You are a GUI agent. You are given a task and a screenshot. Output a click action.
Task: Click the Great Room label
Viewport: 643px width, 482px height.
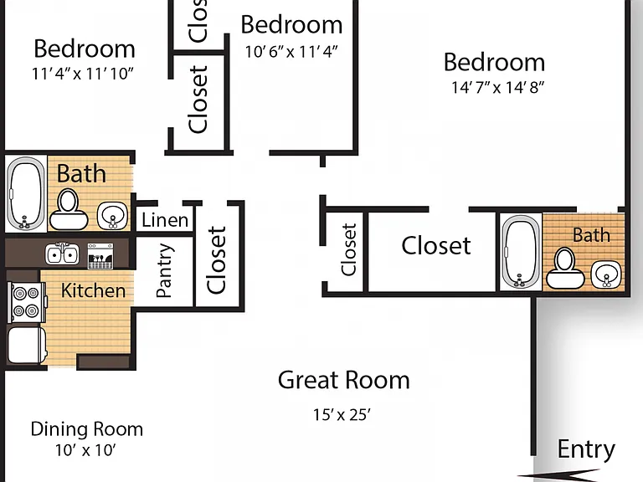(343, 380)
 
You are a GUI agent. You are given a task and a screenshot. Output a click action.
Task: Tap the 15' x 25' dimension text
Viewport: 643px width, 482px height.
(342, 415)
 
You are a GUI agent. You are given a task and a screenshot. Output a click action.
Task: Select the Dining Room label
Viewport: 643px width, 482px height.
(87, 429)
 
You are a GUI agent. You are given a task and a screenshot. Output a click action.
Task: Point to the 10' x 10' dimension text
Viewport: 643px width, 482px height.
(85, 450)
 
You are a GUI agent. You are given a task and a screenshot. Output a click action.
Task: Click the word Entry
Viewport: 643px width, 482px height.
(586, 449)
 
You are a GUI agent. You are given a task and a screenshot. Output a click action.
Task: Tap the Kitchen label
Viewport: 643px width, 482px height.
(93, 290)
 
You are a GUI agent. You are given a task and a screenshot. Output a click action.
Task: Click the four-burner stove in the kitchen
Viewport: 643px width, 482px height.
(26, 302)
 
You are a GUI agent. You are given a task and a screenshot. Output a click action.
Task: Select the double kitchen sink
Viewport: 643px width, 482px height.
(62, 254)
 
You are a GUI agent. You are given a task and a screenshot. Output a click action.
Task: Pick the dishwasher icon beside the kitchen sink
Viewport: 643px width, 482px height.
(100, 256)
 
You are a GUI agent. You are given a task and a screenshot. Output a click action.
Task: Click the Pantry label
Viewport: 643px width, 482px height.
(164, 270)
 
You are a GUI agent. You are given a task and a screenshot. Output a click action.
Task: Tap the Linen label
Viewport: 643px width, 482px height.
(165, 221)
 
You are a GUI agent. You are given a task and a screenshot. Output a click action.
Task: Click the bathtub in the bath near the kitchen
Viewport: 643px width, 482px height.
(26, 193)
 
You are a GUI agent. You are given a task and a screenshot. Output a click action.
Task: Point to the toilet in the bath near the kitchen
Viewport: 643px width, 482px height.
(69, 208)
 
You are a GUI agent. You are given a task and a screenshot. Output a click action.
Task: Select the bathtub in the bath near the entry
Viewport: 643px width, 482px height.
(521, 253)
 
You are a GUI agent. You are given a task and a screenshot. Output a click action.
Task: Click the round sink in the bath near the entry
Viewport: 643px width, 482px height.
(606, 274)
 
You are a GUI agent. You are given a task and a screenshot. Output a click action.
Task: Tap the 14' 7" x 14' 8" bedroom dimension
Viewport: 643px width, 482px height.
(497, 87)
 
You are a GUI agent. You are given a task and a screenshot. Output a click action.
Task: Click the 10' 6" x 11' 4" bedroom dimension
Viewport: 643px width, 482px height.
(291, 52)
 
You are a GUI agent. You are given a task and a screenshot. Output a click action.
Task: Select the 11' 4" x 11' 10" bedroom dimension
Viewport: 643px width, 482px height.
(83, 74)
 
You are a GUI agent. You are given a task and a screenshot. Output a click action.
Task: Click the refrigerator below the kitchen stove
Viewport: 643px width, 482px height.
(27, 345)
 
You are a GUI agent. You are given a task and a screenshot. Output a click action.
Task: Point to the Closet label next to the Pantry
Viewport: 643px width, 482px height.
(216, 260)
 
